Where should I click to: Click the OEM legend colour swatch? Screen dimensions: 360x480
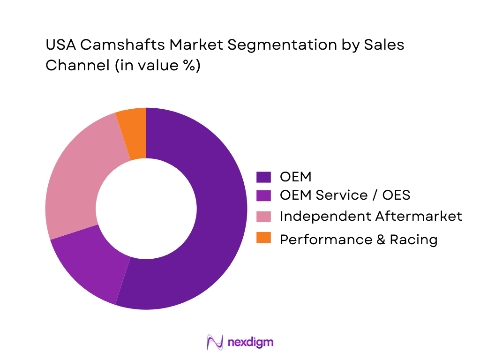click(263, 177)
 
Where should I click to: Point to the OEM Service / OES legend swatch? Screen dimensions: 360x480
click(263, 195)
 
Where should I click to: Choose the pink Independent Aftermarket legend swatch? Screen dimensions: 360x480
click(263, 216)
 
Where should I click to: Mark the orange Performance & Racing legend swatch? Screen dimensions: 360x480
click(263, 238)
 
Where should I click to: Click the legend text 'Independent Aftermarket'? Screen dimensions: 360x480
click(371, 216)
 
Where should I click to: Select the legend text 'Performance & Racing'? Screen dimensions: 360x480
click(359, 240)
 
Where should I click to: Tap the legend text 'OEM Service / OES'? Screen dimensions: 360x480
click(345, 195)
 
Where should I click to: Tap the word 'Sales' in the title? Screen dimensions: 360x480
click(381, 45)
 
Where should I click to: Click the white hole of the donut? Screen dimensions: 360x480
click(146, 209)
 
